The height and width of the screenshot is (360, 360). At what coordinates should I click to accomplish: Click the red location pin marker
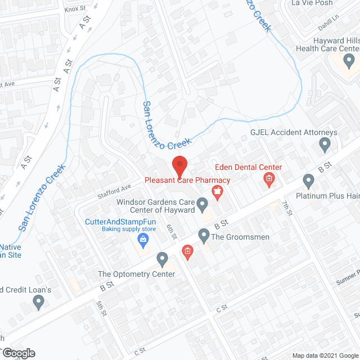pos(179,165)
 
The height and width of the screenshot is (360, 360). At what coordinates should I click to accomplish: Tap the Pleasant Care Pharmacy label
pos(187,180)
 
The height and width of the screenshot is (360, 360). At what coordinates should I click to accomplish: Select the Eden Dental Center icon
pos(269,180)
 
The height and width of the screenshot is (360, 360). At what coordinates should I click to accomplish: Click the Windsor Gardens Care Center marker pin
pos(202,209)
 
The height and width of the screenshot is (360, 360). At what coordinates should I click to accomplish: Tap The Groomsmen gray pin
pos(204,234)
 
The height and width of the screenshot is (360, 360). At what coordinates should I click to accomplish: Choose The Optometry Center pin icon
pos(163,259)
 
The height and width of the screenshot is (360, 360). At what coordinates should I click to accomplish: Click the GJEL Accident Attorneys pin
pos(325,146)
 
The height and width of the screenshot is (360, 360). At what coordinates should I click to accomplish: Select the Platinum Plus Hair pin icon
pos(308,181)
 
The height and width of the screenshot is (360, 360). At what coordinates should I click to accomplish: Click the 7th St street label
pos(287,208)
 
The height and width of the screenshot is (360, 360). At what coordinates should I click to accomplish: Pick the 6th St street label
pos(171,230)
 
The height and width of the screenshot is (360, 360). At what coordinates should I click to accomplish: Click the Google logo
pos(18,353)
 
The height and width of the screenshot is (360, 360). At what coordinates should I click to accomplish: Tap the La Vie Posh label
pos(312,3)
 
